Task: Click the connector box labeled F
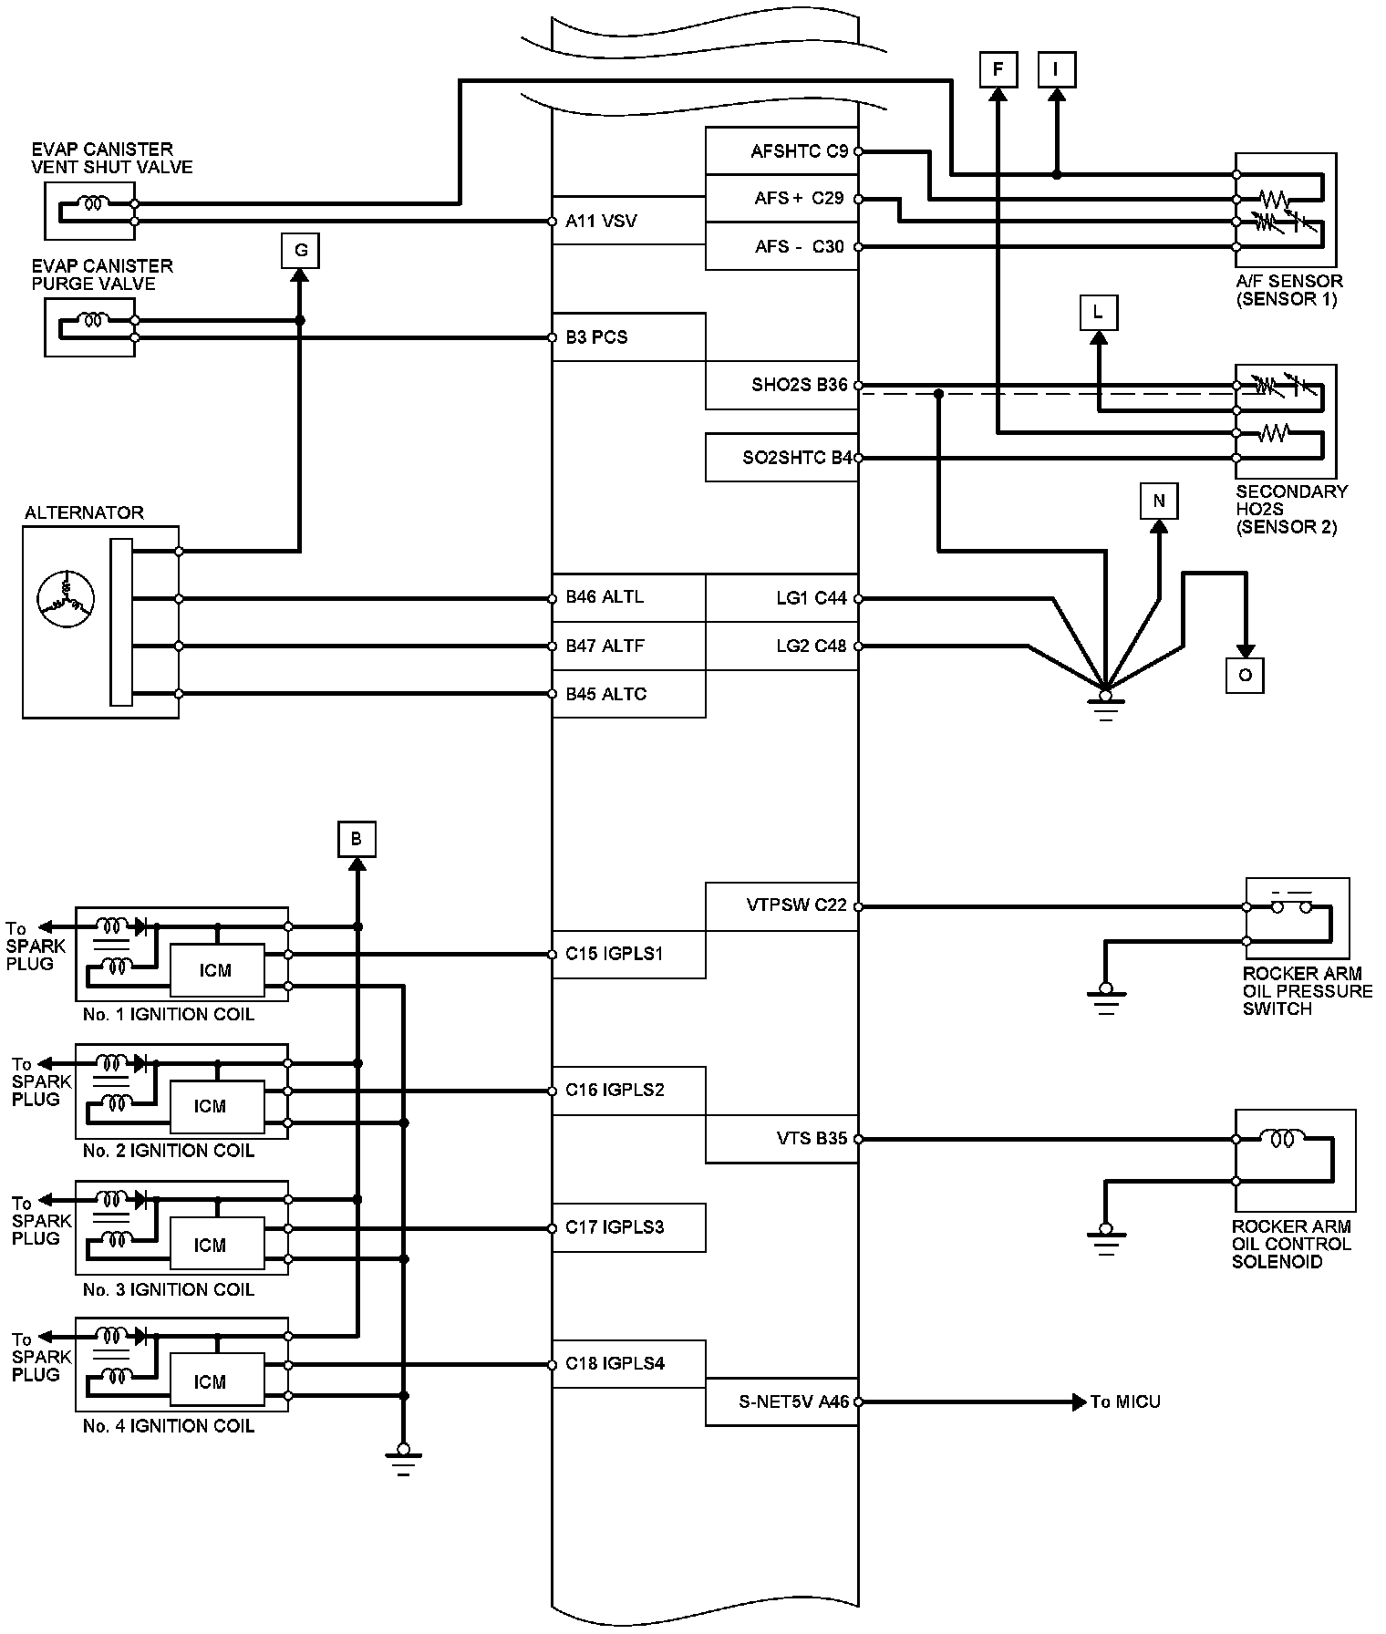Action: (998, 69)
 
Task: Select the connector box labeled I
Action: (1057, 69)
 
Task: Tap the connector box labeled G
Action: (301, 250)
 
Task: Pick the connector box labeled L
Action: (1098, 313)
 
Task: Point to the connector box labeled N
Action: (1159, 501)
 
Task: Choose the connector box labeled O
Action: (1245, 675)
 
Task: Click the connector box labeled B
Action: (357, 839)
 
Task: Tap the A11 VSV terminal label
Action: (601, 221)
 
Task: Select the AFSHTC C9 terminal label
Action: (799, 151)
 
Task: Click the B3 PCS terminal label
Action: (596, 337)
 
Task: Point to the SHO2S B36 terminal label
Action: (800, 385)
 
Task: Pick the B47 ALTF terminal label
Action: (605, 646)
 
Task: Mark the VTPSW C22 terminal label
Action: (797, 905)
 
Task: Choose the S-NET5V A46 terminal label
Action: (793, 1401)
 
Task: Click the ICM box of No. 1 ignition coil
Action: (216, 970)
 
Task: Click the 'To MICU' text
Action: (1125, 1401)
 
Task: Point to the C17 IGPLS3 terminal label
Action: (614, 1227)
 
